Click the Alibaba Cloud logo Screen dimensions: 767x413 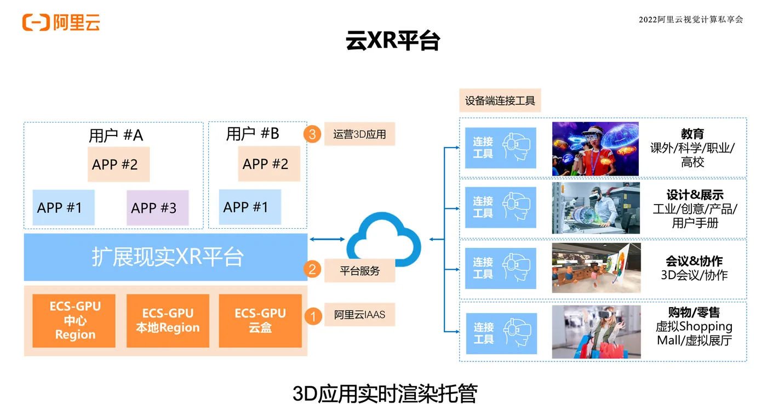(x=61, y=22)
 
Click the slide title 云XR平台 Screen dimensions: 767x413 (x=393, y=41)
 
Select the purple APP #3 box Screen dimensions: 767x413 (x=158, y=208)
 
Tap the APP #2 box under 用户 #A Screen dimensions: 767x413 (x=118, y=164)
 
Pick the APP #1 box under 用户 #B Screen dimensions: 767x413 (x=250, y=207)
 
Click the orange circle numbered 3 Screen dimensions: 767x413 (x=312, y=134)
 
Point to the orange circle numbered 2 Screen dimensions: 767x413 (x=312, y=269)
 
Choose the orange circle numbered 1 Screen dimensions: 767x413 (x=313, y=316)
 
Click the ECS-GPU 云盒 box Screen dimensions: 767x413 (x=260, y=321)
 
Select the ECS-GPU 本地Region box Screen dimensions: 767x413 (x=168, y=321)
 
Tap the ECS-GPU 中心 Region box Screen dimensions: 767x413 (x=74, y=321)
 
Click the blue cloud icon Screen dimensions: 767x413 (x=384, y=239)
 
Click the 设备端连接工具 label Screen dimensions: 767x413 (x=500, y=100)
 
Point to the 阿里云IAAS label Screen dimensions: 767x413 (x=359, y=314)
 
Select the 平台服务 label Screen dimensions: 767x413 (x=359, y=271)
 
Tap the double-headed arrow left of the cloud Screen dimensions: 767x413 (x=327, y=239)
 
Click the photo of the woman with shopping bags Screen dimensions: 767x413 (x=596, y=332)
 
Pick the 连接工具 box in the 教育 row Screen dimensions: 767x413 (x=501, y=148)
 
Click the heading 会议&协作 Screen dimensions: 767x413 (x=694, y=261)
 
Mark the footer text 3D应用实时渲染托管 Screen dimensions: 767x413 (x=385, y=393)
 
